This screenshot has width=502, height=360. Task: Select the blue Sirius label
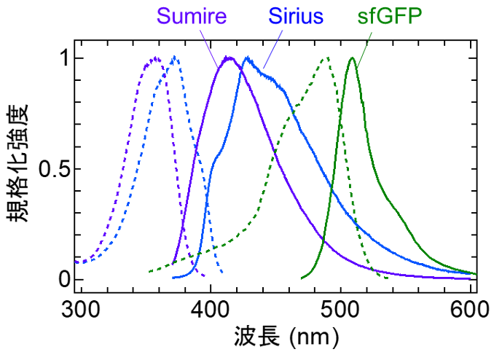pyautogui.click(x=296, y=16)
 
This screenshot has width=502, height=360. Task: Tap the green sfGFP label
pyautogui.click(x=391, y=16)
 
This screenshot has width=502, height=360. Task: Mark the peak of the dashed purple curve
pyautogui.click(x=155, y=58)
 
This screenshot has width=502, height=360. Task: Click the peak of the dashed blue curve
pyautogui.click(x=174, y=58)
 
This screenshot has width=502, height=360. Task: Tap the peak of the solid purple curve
pyautogui.click(x=229, y=58)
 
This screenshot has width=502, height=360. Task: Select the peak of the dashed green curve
pyautogui.click(x=326, y=58)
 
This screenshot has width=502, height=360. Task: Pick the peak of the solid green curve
pyautogui.click(x=353, y=58)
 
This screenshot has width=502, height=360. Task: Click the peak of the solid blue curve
pyautogui.click(x=247, y=58)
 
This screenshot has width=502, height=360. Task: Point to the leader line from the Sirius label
pyautogui.click(x=272, y=50)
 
